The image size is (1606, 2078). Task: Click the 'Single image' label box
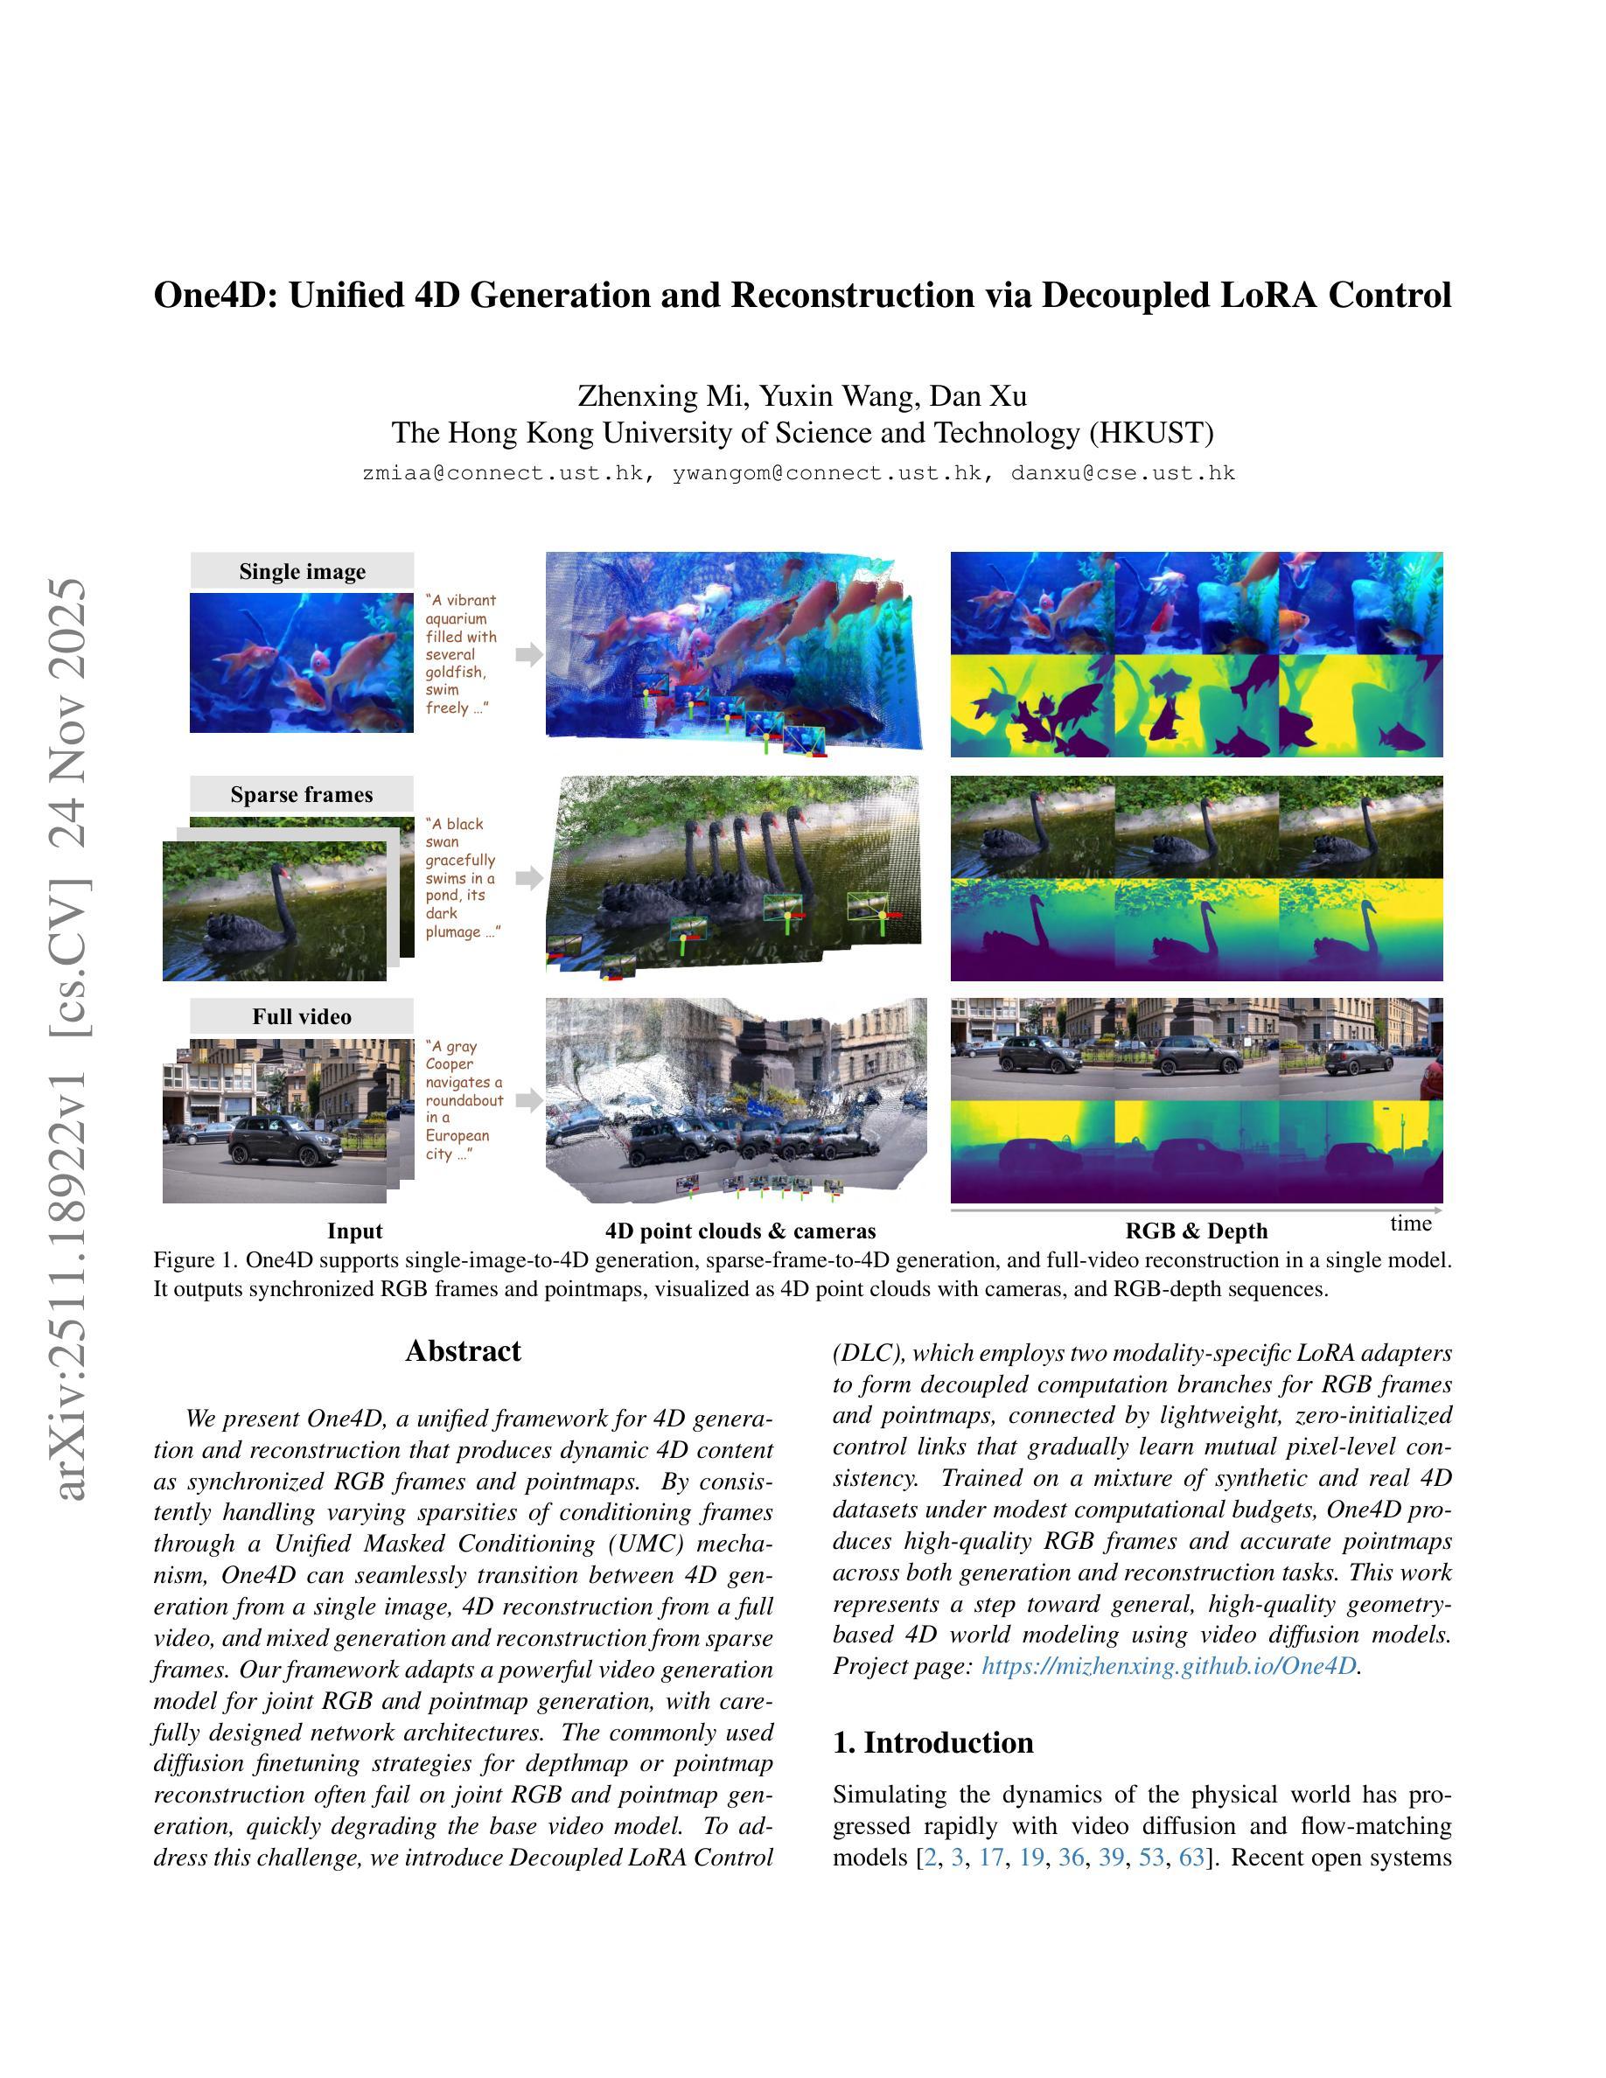coord(302,571)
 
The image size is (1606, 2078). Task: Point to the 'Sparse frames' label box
coord(302,793)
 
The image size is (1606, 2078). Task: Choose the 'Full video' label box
coord(302,1016)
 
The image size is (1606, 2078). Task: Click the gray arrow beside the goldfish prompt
coord(529,653)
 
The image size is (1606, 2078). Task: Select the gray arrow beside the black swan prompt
coord(529,877)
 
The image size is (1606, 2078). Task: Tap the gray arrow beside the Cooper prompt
coord(529,1100)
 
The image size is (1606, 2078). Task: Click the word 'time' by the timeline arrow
coord(1410,1224)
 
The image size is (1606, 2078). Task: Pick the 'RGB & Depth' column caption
coord(1196,1231)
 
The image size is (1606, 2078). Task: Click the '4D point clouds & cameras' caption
coord(740,1231)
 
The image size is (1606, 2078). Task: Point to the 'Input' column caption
coord(355,1231)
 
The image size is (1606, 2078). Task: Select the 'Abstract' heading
coord(464,1351)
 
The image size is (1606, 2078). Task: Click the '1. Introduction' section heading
coord(932,1742)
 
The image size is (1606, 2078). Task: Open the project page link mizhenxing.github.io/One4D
coord(1169,1666)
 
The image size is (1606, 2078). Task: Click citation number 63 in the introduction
coord(1191,1858)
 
